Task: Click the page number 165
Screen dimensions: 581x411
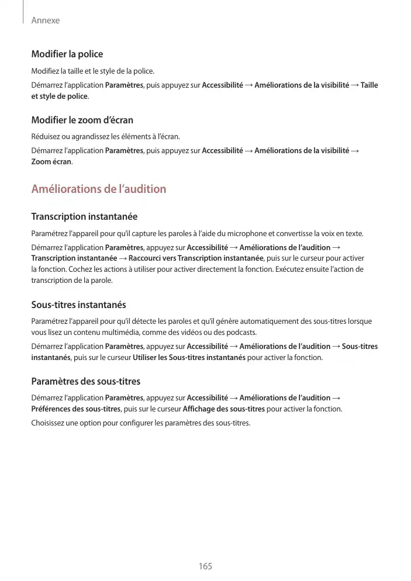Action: (205, 566)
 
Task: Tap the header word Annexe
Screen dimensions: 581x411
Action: (46, 20)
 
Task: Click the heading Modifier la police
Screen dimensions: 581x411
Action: (67, 54)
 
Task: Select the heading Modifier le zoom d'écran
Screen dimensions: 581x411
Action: (82, 120)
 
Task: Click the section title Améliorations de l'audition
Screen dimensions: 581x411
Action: (98, 189)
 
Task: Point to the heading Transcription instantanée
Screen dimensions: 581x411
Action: (84, 217)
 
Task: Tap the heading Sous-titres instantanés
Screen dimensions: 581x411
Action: (78, 305)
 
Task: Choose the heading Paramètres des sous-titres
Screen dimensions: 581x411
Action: (85, 382)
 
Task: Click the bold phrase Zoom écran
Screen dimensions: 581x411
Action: (51, 161)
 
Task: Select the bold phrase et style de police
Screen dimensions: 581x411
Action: (59, 96)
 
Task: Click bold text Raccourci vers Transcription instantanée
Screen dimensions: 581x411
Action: (196, 258)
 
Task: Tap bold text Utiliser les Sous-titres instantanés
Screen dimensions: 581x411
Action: (189, 357)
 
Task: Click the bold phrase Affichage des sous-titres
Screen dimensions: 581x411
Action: (224, 409)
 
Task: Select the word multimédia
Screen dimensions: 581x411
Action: (119, 333)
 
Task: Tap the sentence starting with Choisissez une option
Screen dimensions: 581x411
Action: (140, 423)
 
